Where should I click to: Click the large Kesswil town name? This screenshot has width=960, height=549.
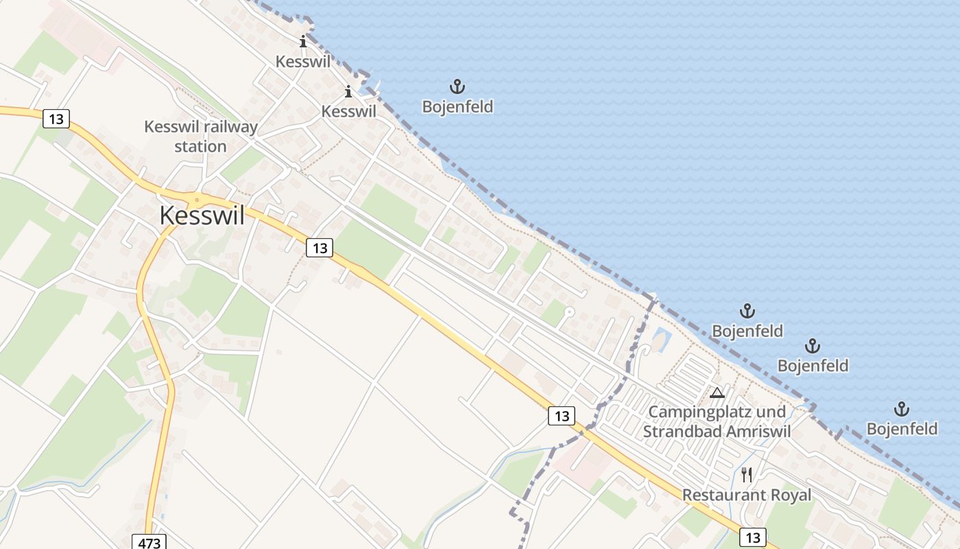pyautogui.click(x=202, y=215)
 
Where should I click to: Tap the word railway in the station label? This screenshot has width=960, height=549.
pyautogui.click(x=229, y=127)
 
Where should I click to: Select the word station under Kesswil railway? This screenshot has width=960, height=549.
pyautogui.click(x=200, y=146)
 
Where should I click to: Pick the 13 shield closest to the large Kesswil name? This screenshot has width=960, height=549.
pyautogui.click(x=319, y=247)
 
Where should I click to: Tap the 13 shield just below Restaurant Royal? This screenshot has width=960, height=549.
pyautogui.click(x=753, y=537)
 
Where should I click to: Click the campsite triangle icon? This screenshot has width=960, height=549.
pyautogui.click(x=717, y=393)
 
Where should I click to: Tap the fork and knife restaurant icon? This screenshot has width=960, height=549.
pyautogui.click(x=747, y=474)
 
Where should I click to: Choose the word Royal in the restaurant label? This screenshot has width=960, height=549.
pyautogui.click(x=790, y=495)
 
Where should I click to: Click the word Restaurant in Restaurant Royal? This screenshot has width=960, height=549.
pyautogui.click(x=723, y=495)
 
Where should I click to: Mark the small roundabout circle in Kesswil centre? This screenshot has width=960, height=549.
pyautogui.click(x=197, y=200)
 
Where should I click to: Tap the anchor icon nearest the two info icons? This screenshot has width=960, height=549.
pyautogui.click(x=457, y=86)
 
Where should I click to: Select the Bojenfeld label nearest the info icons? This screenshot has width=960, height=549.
pyautogui.click(x=457, y=107)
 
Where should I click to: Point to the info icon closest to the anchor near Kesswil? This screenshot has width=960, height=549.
pyautogui.click(x=348, y=91)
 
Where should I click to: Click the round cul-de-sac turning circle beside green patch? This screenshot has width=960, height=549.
pyautogui.click(x=568, y=312)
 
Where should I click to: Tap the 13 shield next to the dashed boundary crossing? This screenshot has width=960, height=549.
pyautogui.click(x=561, y=415)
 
